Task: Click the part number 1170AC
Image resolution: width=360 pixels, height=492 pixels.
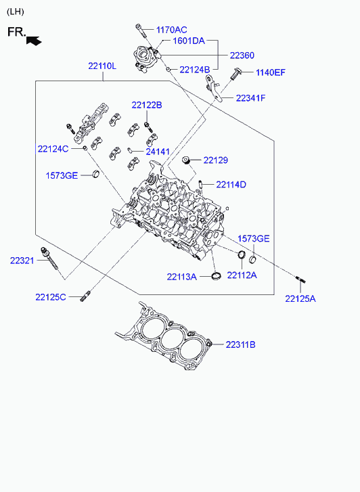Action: click(x=172, y=30)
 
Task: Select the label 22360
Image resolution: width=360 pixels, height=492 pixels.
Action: click(x=242, y=55)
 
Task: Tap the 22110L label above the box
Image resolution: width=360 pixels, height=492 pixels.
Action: click(x=102, y=66)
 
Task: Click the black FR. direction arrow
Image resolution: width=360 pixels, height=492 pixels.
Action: click(x=34, y=41)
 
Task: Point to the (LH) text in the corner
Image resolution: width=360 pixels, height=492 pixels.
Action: click(x=15, y=12)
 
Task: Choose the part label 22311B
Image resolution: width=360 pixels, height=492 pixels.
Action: click(x=241, y=344)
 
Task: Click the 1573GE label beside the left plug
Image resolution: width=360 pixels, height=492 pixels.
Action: click(x=62, y=175)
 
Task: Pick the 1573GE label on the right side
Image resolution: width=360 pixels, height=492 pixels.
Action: click(x=254, y=239)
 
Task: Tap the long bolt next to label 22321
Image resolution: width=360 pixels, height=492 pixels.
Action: click(x=49, y=259)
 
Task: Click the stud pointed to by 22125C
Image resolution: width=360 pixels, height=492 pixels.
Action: click(x=85, y=296)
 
